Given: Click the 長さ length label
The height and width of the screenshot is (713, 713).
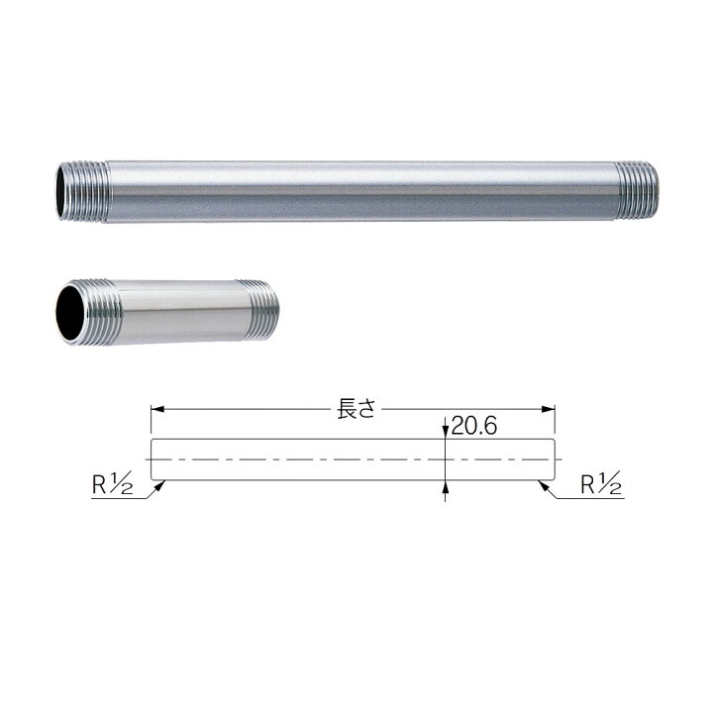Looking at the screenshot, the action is point(356,409).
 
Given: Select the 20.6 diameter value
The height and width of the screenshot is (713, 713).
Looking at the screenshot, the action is point(474,426).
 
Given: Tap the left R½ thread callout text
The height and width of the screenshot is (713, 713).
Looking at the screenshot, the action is point(112,484).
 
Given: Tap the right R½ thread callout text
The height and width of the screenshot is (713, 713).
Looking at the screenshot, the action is point(601,484).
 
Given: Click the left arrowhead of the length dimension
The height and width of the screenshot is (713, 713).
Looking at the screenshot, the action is point(157,409).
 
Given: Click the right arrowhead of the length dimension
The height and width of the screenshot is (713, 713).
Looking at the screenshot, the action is point(548,409).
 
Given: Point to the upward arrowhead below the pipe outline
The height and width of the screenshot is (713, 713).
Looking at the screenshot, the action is point(446,487).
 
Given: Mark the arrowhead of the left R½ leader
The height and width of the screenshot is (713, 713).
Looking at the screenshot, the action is point(159,485).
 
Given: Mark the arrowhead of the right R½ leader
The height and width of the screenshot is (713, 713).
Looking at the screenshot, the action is point(544,485).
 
